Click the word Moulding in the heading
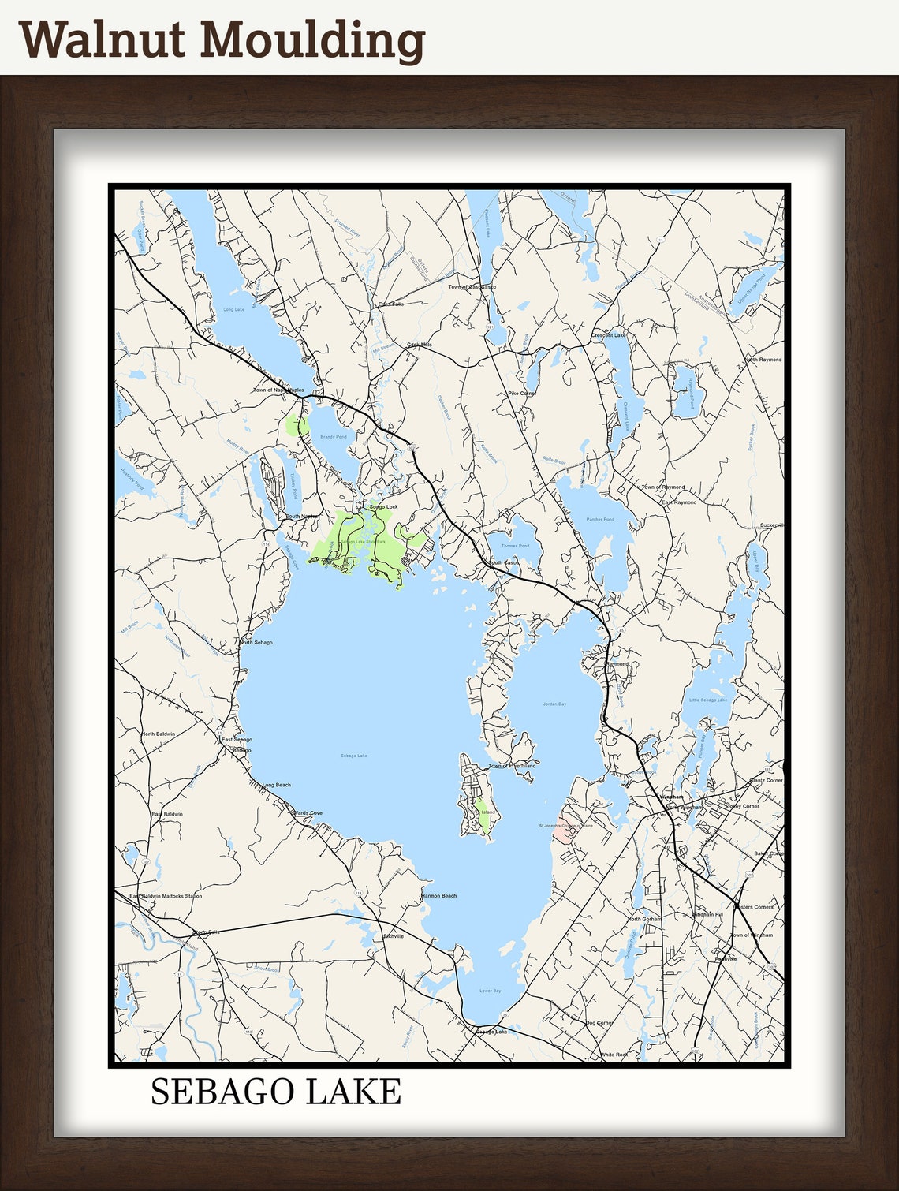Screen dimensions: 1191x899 tap(316, 41)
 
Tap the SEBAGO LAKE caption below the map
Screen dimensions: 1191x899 tap(275, 1092)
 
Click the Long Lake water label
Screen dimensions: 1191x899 tap(234, 310)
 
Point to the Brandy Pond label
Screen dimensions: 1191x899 tap(333, 436)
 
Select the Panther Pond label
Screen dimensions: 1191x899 tap(600, 519)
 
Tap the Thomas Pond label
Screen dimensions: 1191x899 tap(515, 546)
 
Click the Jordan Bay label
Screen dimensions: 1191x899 tap(554, 704)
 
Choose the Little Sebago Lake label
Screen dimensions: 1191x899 tap(708, 700)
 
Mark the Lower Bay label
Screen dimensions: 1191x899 tap(491, 991)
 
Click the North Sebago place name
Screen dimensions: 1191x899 tap(257, 643)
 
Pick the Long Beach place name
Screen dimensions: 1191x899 tap(277, 785)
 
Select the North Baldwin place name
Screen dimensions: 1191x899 tap(159, 734)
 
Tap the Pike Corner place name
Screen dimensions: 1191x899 tap(522, 393)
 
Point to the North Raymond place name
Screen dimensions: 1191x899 tap(763, 360)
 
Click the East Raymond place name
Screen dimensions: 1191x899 tap(679, 502)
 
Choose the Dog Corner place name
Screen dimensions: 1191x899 tap(599, 1023)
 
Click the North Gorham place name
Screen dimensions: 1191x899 tap(644, 920)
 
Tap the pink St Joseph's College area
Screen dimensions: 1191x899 tap(563, 831)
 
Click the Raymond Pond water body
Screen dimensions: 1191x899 tap(685, 390)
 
